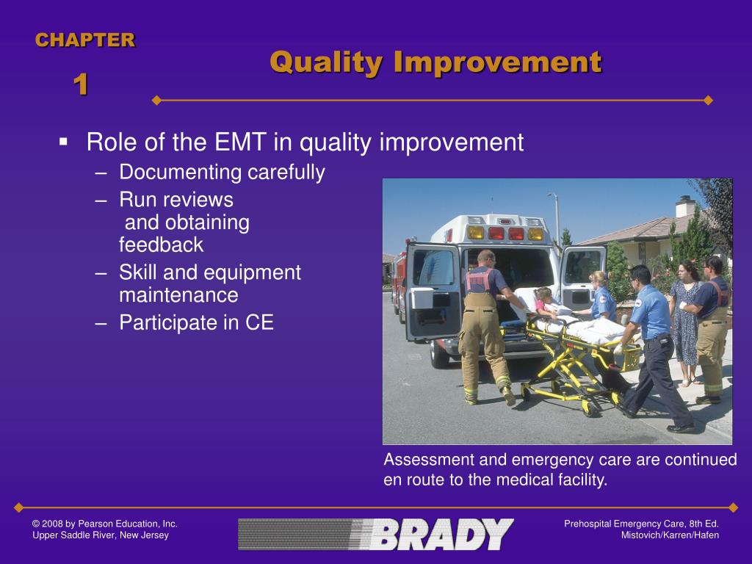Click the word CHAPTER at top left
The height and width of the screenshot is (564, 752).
(x=85, y=40)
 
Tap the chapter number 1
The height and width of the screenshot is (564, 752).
(x=81, y=84)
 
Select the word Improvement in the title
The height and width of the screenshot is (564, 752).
(x=498, y=62)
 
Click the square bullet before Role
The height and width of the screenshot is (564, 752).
(x=63, y=142)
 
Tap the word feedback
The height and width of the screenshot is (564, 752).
(x=161, y=245)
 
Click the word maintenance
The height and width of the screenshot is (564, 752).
(x=178, y=295)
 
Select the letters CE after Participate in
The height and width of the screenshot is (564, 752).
(x=259, y=322)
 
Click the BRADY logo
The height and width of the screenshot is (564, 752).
(x=375, y=534)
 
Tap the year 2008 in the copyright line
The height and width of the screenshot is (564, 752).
(x=52, y=524)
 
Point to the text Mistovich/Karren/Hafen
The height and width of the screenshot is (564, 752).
(x=670, y=535)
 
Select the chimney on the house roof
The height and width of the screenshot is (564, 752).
(x=685, y=206)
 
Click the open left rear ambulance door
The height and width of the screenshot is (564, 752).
(x=433, y=291)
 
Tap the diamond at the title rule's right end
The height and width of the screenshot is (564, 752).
(x=709, y=100)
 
